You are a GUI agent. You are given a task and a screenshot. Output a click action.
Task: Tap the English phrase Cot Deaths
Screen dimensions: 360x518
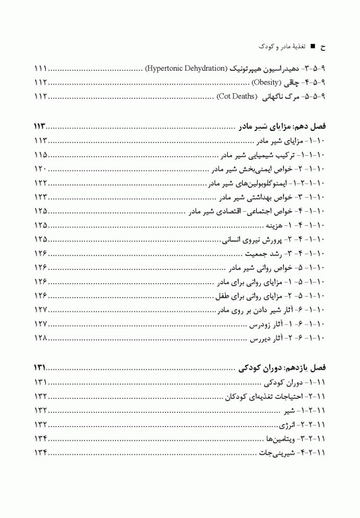click(237, 96)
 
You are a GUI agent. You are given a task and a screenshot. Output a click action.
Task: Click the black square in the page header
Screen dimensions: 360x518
click(311, 47)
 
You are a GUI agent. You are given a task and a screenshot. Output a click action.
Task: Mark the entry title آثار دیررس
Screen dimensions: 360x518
click(267, 337)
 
